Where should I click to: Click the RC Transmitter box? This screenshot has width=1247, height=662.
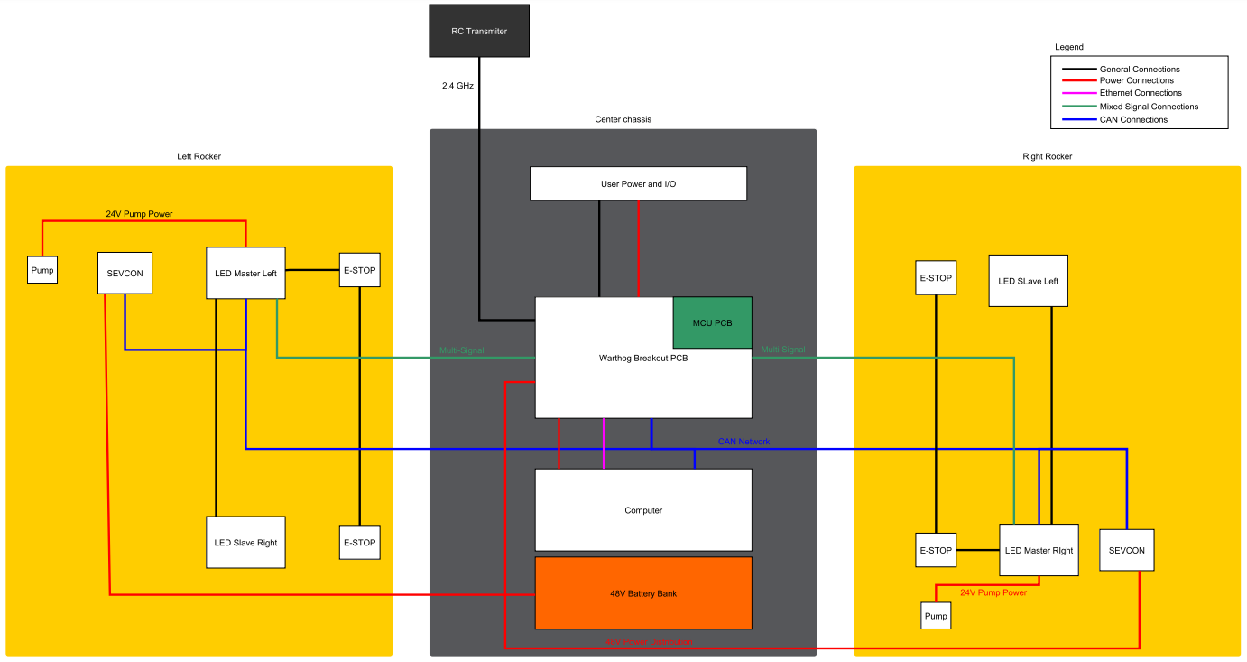pyautogui.click(x=478, y=31)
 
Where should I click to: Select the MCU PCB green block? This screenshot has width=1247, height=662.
pyautogui.click(x=712, y=322)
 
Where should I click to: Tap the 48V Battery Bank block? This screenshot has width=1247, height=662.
pyautogui.click(x=643, y=593)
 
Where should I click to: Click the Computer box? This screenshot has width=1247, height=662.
pyautogui.click(x=643, y=510)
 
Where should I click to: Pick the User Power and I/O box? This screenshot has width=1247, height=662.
pyautogui.click(x=638, y=183)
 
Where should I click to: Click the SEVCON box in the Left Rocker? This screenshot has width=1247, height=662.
pyautogui.click(x=125, y=273)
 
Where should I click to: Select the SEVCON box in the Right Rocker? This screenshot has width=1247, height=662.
pyautogui.click(x=1126, y=550)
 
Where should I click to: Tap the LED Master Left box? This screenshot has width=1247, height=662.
pyautogui.click(x=245, y=273)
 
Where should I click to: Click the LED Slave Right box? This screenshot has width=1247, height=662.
pyautogui.click(x=245, y=543)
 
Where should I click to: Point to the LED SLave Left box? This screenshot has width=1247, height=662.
pyautogui.click(x=1028, y=281)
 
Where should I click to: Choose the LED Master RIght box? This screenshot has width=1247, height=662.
pyautogui.click(x=1038, y=550)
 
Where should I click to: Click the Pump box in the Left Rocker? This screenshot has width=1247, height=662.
pyautogui.click(x=42, y=270)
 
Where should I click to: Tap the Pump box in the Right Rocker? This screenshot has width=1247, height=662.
pyautogui.click(x=936, y=616)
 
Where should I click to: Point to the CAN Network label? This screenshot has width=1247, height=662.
pyautogui.click(x=744, y=442)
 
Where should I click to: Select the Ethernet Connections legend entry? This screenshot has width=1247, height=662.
pyautogui.click(x=1141, y=93)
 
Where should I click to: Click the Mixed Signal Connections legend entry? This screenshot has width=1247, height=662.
pyautogui.click(x=1149, y=107)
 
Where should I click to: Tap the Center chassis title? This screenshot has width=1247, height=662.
pyautogui.click(x=623, y=119)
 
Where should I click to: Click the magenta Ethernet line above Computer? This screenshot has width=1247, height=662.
pyautogui.click(x=604, y=443)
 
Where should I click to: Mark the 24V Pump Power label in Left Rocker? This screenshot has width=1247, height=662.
pyautogui.click(x=139, y=214)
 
